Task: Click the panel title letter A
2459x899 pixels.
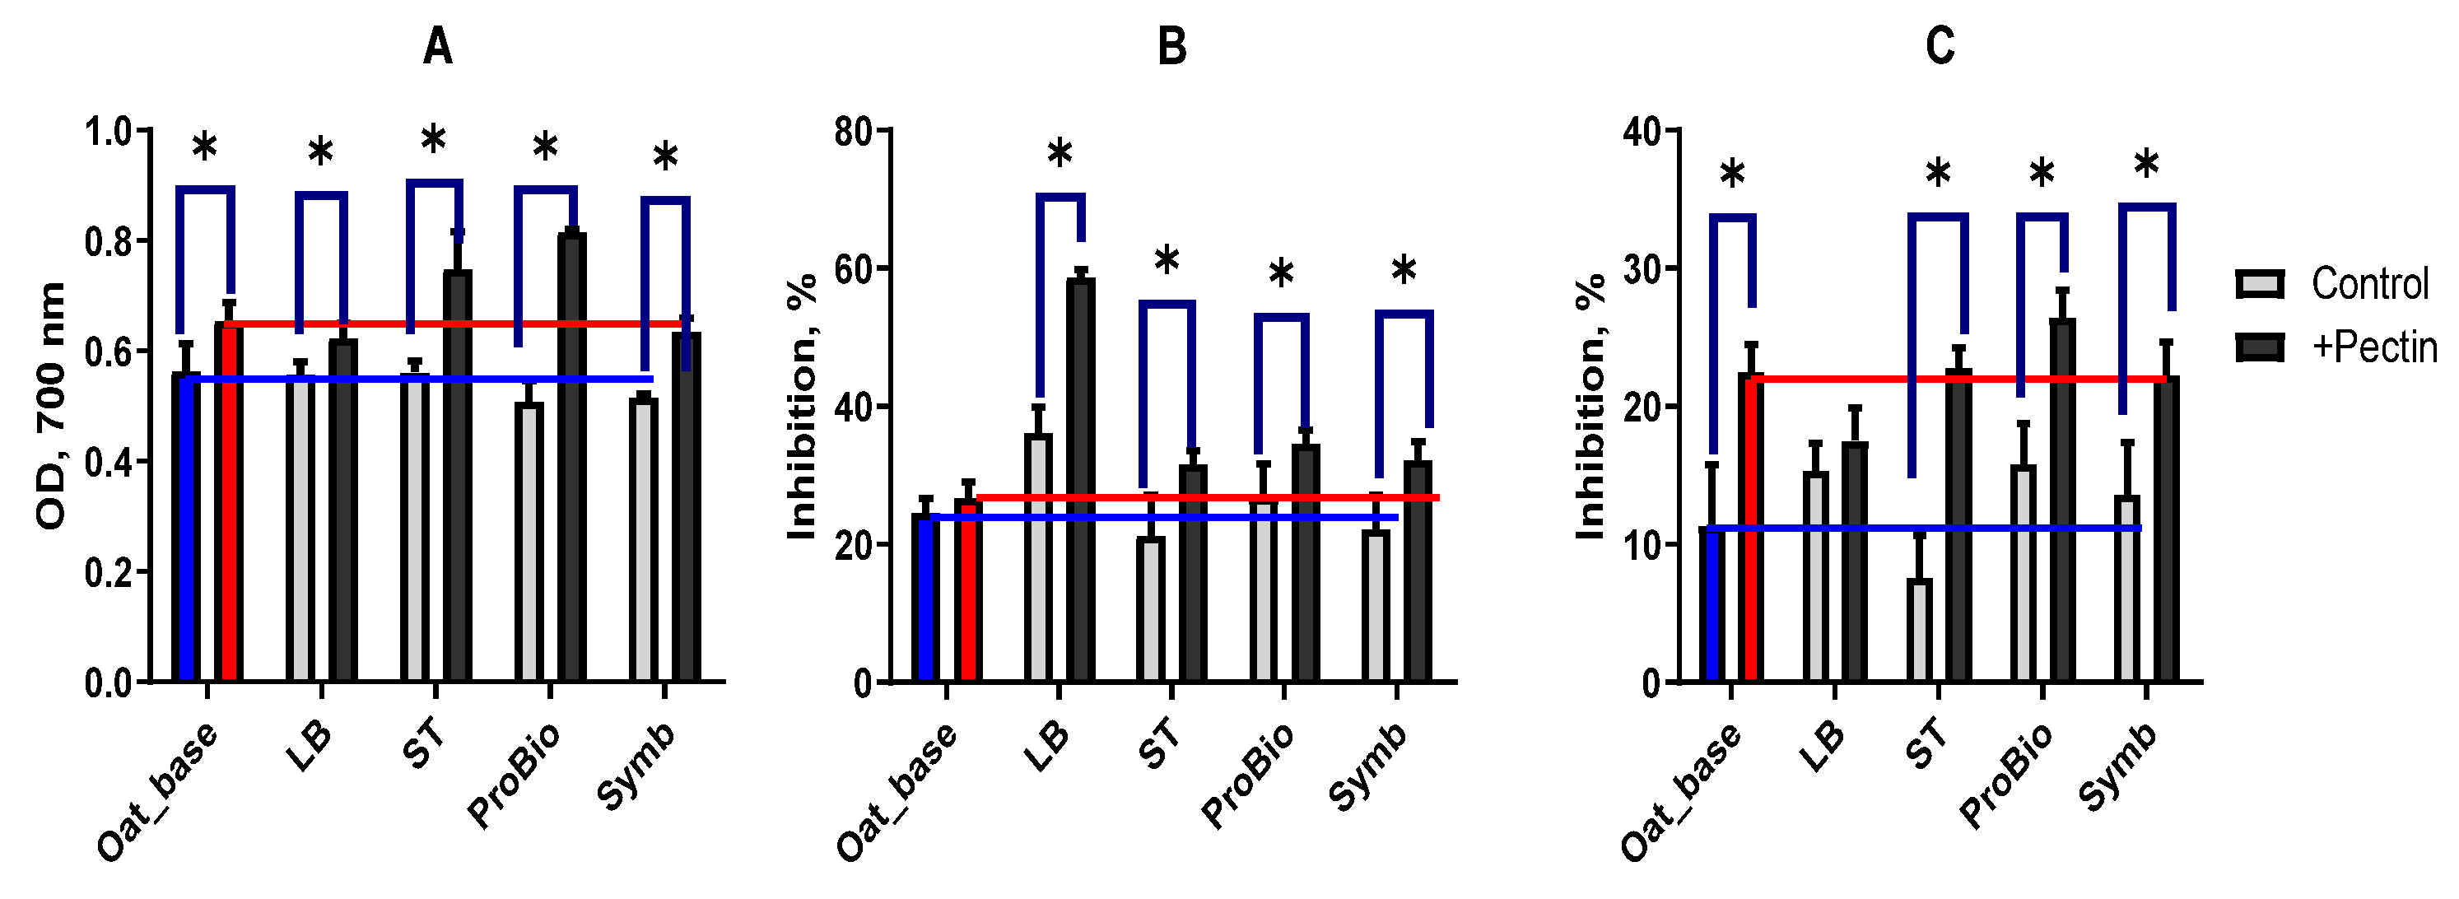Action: (437, 46)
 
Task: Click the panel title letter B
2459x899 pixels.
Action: (1172, 46)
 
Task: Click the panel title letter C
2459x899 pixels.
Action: (1940, 46)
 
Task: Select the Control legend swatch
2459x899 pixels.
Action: (2260, 284)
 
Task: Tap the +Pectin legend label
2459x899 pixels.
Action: (2374, 347)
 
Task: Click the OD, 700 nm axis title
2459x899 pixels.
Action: (49, 406)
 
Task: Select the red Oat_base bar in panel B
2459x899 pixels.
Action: (967, 592)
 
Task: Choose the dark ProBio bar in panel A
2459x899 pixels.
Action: (572, 458)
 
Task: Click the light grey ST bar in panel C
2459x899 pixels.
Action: (1920, 630)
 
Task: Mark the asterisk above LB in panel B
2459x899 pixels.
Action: (1060, 152)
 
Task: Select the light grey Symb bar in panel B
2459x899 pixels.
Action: (1376, 606)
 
